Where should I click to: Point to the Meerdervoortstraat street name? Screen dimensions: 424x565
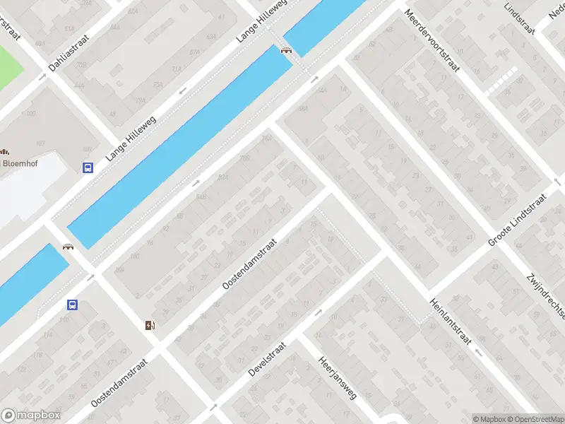click(x=432, y=42)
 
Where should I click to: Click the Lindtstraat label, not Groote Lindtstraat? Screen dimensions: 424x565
click(x=520, y=16)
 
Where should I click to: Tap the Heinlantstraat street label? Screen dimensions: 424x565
click(x=448, y=320)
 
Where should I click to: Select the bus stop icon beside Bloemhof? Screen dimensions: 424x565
click(x=88, y=168)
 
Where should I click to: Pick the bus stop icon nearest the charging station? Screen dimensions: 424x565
click(x=72, y=305)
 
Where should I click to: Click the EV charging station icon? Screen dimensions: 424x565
click(x=150, y=325)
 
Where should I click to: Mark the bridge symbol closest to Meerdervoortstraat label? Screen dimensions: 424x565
click(x=287, y=49)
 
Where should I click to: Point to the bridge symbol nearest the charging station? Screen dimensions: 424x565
click(x=69, y=247)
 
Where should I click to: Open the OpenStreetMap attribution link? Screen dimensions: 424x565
click(x=535, y=419)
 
